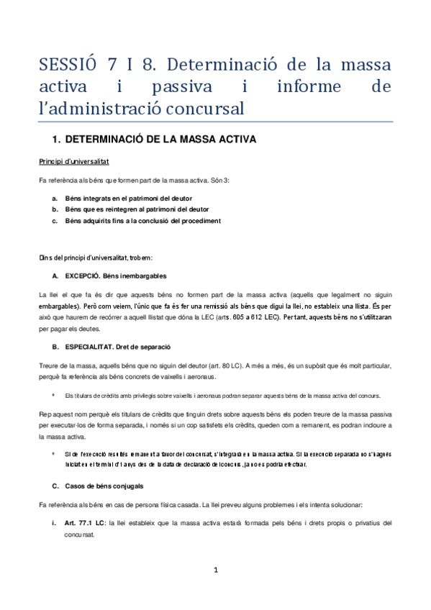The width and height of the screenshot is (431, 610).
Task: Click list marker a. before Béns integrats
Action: [55, 196]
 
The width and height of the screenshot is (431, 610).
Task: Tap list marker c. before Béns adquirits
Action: [55, 220]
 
